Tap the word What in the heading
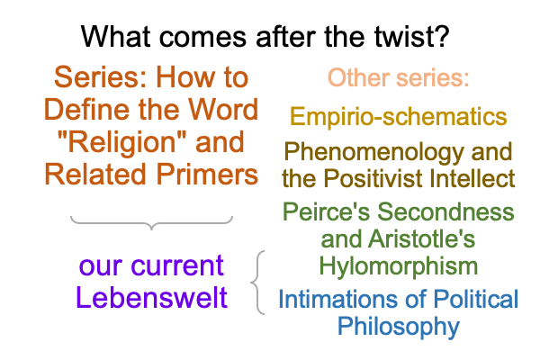[x=116, y=36]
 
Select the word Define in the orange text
[x=87, y=109]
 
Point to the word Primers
[x=207, y=175]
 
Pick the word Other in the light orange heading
[x=359, y=77]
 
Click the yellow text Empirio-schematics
[x=399, y=116]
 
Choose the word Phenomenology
[x=374, y=152]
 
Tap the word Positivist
[x=373, y=178]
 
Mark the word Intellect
[x=471, y=178]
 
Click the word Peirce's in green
[x=326, y=211]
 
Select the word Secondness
[x=445, y=211]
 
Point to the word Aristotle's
[x=421, y=238]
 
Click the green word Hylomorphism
[x=399, y=266]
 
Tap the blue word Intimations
[x=337, y=299]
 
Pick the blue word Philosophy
[x=399, y=327]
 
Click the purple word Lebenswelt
[x=151, y=298]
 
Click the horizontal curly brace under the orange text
[x=151, y=222]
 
